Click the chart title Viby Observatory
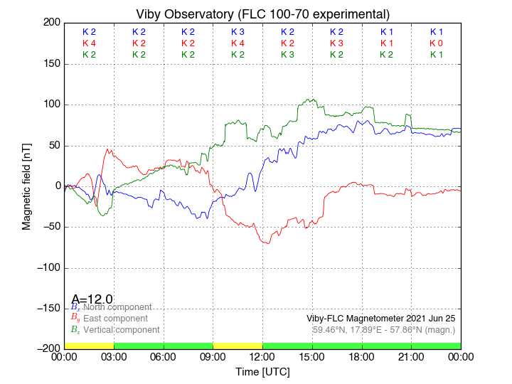point(262,14)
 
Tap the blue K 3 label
point(238,32)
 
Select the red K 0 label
point(436,43)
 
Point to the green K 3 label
point(287,55)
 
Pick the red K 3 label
point(336,43)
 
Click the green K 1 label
point(436,55)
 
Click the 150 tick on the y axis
point(50,64)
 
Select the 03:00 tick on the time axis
point(114,357)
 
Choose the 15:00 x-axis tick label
point(312,357)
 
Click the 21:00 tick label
point(411,357)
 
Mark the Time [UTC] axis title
point(262,371)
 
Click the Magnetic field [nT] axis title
point(26,185)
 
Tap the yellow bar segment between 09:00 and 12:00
point(238,346)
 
